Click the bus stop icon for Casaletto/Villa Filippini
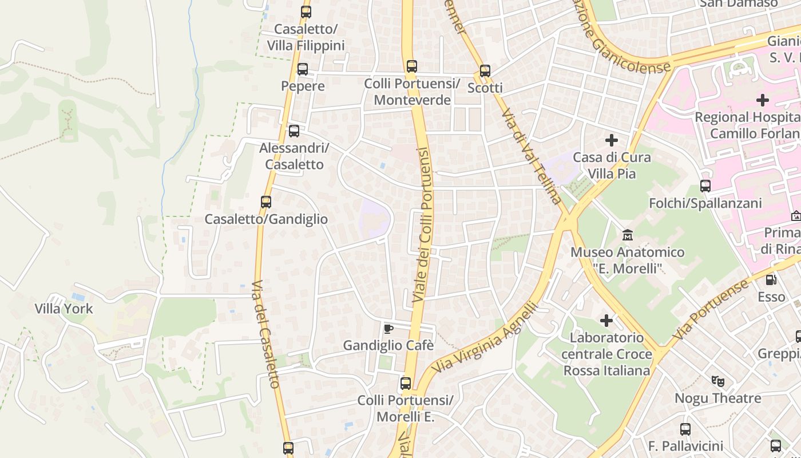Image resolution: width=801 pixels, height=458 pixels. click(x=306, y=11)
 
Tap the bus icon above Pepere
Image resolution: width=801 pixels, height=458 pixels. click(x=303, y=69)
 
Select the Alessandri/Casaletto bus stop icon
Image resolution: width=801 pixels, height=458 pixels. click(x=294, y=131)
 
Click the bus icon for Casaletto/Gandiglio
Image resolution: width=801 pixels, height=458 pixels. click(x=266, y=202)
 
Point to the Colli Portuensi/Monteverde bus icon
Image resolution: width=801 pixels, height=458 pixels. click(x=412, y=66)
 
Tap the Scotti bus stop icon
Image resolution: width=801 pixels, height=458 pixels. click(x=485, y=71)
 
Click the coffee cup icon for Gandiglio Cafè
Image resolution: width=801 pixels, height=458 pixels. click(x=388, y=329)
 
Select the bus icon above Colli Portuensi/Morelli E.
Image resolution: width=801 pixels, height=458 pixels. click(x=406, y=383)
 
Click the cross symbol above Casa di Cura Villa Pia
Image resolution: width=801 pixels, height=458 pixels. click(x=612, y=140)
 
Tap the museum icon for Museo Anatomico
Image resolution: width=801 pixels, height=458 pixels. click(x=628, y=235)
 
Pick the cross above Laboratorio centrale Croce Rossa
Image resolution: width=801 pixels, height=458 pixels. click(x=606, y=321)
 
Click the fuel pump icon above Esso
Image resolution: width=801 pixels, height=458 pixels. click(x=771, y=280)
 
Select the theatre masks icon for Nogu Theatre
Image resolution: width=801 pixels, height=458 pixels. click(x=717, y=381)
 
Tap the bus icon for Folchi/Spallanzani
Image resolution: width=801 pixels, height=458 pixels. click(x=705, y=186)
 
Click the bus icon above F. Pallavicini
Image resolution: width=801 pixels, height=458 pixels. click(x=685, y=429)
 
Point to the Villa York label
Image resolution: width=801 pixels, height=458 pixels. click(x=64, y=309)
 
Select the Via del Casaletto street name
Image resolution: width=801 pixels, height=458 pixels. click(x=266, y=334)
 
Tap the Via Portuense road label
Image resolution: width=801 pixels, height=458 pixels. click(x=711, y=312)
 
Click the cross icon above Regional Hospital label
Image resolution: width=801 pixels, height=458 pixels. click(x=762, y=101)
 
